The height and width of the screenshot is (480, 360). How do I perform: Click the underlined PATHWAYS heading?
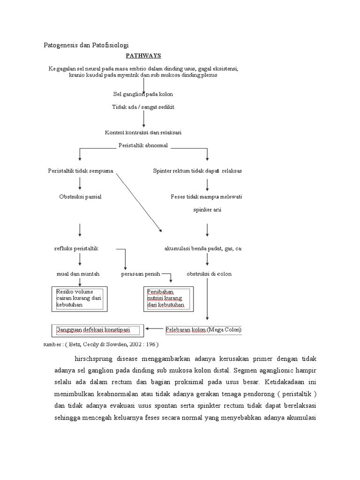tap(143, 56)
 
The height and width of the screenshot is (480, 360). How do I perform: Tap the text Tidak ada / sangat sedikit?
tap(143, 107)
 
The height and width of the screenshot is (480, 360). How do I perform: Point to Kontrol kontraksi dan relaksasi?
tap(143, 133)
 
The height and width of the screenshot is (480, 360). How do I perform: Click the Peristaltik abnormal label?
tap(143, 145)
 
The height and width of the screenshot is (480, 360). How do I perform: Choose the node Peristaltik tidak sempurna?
tap(81, 171)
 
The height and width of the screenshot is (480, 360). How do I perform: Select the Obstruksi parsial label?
tap(80, 197)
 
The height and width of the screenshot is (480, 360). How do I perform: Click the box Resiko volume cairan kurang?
tap(79, 299)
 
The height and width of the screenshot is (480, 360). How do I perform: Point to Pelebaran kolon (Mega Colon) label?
tap(204, 330)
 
